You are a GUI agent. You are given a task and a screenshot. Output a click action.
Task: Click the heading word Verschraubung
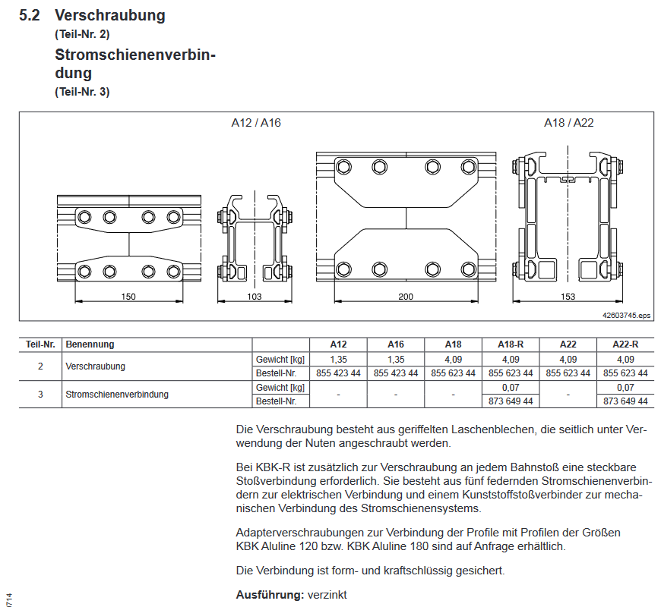click(109, 16)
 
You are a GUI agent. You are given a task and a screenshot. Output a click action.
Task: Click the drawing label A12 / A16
click(256, 122)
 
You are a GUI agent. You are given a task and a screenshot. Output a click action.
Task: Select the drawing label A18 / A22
click(568, 122)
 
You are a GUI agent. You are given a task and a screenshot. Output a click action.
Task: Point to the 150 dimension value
click(128, 297)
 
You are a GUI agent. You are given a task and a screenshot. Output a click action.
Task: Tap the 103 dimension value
click(254, 297)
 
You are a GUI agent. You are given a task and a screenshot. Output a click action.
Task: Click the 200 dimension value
click(406, 297)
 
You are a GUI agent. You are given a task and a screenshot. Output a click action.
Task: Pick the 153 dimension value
click(568, 297)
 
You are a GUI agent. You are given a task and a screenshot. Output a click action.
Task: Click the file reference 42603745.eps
click(626, 315)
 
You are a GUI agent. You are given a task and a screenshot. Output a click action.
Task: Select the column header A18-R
click(510, 344)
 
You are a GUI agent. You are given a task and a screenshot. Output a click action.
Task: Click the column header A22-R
click(625, 344)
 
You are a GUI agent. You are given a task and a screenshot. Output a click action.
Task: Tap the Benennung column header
click(90, 344)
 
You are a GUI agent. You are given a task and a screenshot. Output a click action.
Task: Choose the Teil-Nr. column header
click(40, 344)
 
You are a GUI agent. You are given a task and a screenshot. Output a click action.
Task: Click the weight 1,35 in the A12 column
click(338, 358)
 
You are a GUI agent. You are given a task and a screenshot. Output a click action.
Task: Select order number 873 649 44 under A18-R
click(510, 401)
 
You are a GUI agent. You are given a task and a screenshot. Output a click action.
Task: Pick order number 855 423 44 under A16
click(395, 373)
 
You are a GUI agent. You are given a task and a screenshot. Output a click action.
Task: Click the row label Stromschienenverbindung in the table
click(116, 394)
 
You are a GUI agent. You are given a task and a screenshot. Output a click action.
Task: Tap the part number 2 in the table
click(40, 365)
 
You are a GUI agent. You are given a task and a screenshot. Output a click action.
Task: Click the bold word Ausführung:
click(270, 595)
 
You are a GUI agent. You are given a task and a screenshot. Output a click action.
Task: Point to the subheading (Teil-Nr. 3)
click(82, 92)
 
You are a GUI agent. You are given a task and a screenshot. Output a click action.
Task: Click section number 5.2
click(30, 16)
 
